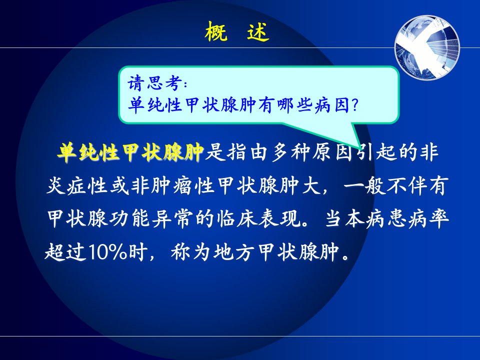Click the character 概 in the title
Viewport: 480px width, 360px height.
pos(216,31)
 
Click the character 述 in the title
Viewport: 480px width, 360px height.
pos(258,31)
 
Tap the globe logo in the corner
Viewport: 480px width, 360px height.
pos(427,47)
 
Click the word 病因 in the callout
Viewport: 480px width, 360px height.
pos(332,105)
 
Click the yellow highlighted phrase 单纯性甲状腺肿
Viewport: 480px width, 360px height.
pos(130,152)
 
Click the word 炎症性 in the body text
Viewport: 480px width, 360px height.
pos(77,185)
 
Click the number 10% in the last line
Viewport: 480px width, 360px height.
pos(107,252)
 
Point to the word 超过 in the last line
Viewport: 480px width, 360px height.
pos(65,252)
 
